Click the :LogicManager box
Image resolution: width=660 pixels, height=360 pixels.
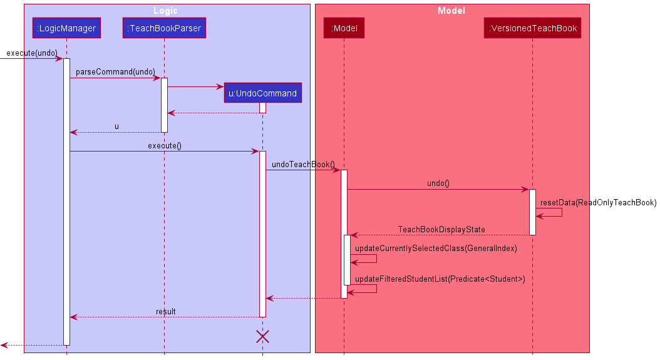coord(66,28)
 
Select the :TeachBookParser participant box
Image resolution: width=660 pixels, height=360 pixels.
coord(164,28)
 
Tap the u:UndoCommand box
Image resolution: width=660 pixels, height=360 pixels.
coord(262,93)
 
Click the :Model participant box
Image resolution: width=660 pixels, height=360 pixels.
coord(343,28)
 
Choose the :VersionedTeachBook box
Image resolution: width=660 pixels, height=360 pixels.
coord(532,28)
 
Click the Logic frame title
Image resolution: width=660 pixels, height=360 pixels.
coord(166,11)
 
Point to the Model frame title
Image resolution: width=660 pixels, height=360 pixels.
coord(451,11)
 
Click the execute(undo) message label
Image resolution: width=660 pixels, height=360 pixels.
coord(31,53)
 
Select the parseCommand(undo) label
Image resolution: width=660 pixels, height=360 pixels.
coord(115,72)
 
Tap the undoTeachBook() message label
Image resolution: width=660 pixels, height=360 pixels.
coord(303,164)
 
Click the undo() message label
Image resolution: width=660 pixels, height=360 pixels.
coord(438,183)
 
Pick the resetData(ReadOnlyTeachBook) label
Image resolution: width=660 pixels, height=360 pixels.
coord(598,202)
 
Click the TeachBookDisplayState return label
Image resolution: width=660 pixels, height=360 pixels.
coord(441,230)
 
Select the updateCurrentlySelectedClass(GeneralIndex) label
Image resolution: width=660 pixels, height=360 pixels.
coord(436,248)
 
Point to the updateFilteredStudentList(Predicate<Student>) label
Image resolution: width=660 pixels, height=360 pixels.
coord(440,279)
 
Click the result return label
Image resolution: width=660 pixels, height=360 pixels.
coord(165,311)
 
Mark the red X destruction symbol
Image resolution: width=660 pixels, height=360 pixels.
coord(262,337)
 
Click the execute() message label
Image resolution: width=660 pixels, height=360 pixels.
coord(164,146)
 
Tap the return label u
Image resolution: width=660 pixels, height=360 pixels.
coord(116,126)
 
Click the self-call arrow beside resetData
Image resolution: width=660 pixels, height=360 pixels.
coord(551,213)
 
